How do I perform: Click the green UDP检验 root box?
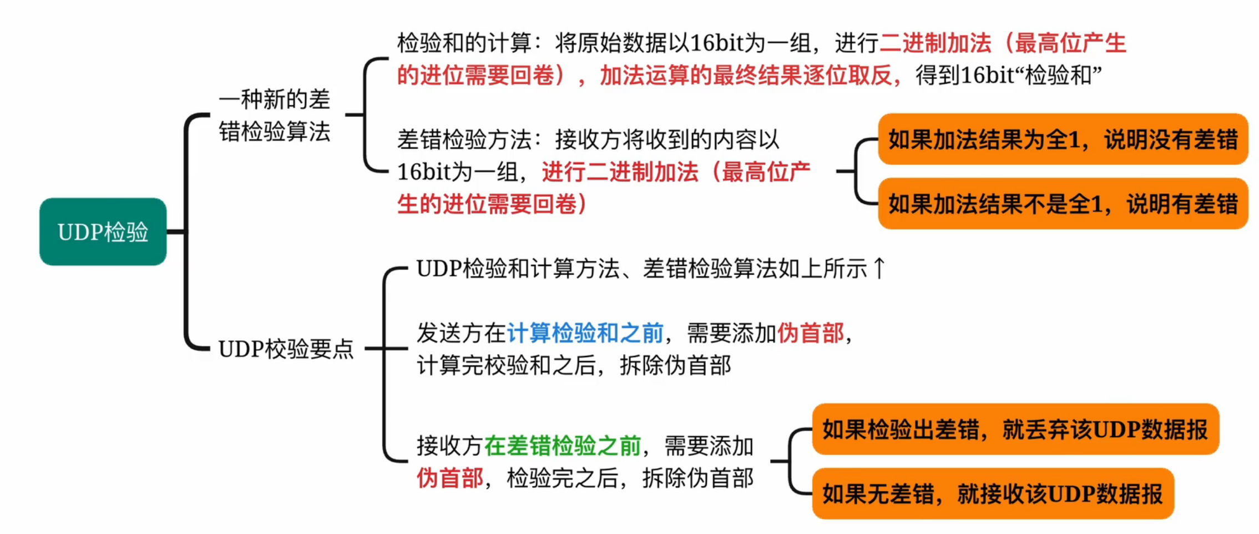(x=103, y=231)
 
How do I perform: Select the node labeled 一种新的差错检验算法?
(x=274, y=115)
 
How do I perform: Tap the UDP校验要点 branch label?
(x=286, y=349)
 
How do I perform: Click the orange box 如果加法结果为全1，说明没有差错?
(x=1062, y=139)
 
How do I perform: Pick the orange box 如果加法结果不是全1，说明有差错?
(x=1062, y=204)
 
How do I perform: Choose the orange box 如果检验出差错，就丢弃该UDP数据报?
(x=1015, y=430)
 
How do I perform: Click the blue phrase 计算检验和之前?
(x=585, y=333)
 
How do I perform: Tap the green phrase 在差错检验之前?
(x=562, y=446)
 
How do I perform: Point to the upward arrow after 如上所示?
(x=879, y=269)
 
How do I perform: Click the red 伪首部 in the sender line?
(x=810, y=333)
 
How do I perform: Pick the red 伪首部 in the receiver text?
(x=449, y=478)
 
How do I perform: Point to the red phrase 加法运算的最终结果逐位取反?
(x=746, y=75)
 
